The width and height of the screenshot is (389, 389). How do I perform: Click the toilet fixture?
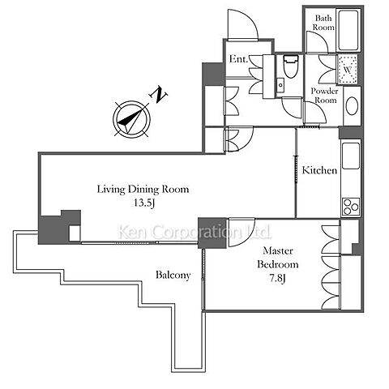(x=291, y=66)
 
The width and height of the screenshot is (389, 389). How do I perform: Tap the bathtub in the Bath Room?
(x=348, y=30)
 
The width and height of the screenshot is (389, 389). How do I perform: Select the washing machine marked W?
(x=347, y=70)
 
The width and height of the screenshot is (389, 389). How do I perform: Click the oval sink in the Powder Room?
(x=353, y=106)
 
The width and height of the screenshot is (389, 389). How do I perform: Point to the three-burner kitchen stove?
(x=351, y=207)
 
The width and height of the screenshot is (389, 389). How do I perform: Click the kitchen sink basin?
(x=351, y=156)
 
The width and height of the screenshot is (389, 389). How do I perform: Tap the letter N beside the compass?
(x=158, y=95)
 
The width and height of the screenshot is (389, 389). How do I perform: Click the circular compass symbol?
(x=131, y=119)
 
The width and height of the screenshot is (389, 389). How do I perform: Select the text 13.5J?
(x=144, y=203)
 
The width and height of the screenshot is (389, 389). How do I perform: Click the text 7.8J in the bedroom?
(x=277, y=278)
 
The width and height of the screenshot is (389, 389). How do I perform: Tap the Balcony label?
(x=173, y=275)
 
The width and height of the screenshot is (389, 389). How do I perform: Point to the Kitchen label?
(x=319, y=170)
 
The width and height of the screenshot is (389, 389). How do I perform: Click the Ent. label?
(x=238, y=59)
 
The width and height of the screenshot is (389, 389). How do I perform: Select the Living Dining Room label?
(x=143, y=189)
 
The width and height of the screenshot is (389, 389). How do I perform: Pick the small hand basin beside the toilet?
(x=280, y=85)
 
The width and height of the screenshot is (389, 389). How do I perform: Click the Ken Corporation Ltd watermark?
(x=194, y=232)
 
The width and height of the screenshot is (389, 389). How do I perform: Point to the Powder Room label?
(x=324, y=96)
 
